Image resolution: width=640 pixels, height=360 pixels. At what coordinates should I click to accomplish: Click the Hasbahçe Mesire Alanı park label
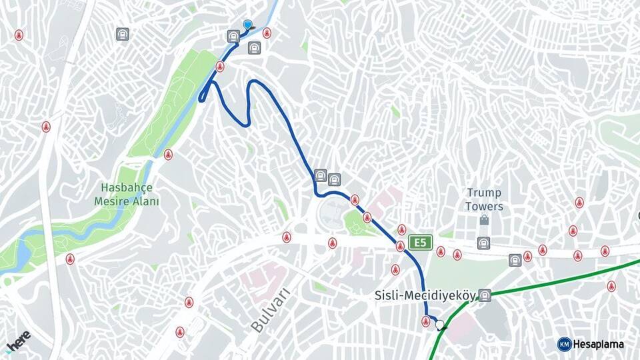click(x=127, y=195)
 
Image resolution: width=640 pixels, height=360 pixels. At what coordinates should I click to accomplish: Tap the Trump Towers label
click(x=484, y=199)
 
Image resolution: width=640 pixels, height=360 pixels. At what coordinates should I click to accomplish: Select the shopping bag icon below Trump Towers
click(x=484, y=220)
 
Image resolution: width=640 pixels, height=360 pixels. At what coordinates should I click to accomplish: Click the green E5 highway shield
click(x=421, y=242)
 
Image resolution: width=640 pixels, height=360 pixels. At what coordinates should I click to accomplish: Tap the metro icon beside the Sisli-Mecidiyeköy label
click(x=485, y=295)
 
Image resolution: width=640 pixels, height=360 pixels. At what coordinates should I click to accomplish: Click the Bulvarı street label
click(x=271, y=310)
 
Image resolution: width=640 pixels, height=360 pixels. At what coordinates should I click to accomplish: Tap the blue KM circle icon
click(x=564, y=344)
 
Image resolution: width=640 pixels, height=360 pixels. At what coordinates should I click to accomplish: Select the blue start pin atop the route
click(x=248, y=25)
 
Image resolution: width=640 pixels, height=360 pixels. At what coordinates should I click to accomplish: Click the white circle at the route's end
click(x=439, y=325)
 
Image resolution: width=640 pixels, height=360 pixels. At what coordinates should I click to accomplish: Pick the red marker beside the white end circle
click(x=426, y=322)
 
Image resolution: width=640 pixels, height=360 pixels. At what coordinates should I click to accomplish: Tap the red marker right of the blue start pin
click(x=267, y=33)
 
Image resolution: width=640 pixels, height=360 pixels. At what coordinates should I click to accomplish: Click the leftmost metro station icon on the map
click(x=122, y=34)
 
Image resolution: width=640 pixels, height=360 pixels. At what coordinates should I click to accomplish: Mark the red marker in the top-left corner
click(x=19, y=35)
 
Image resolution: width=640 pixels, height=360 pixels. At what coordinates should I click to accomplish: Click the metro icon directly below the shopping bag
click(x=484, y=243)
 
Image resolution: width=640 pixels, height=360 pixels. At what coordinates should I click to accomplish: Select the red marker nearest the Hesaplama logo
click(x=611, y=286)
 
